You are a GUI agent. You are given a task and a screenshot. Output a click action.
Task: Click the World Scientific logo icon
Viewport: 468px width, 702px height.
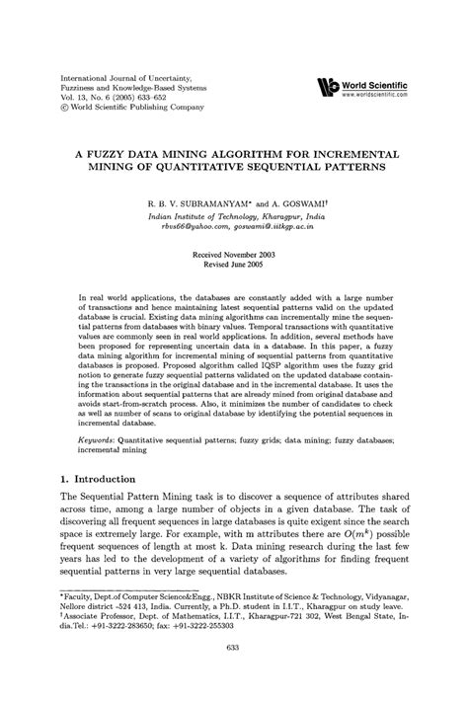coord(325,86)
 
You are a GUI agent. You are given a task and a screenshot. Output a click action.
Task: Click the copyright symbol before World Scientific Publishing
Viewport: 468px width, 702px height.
coord(65,110)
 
